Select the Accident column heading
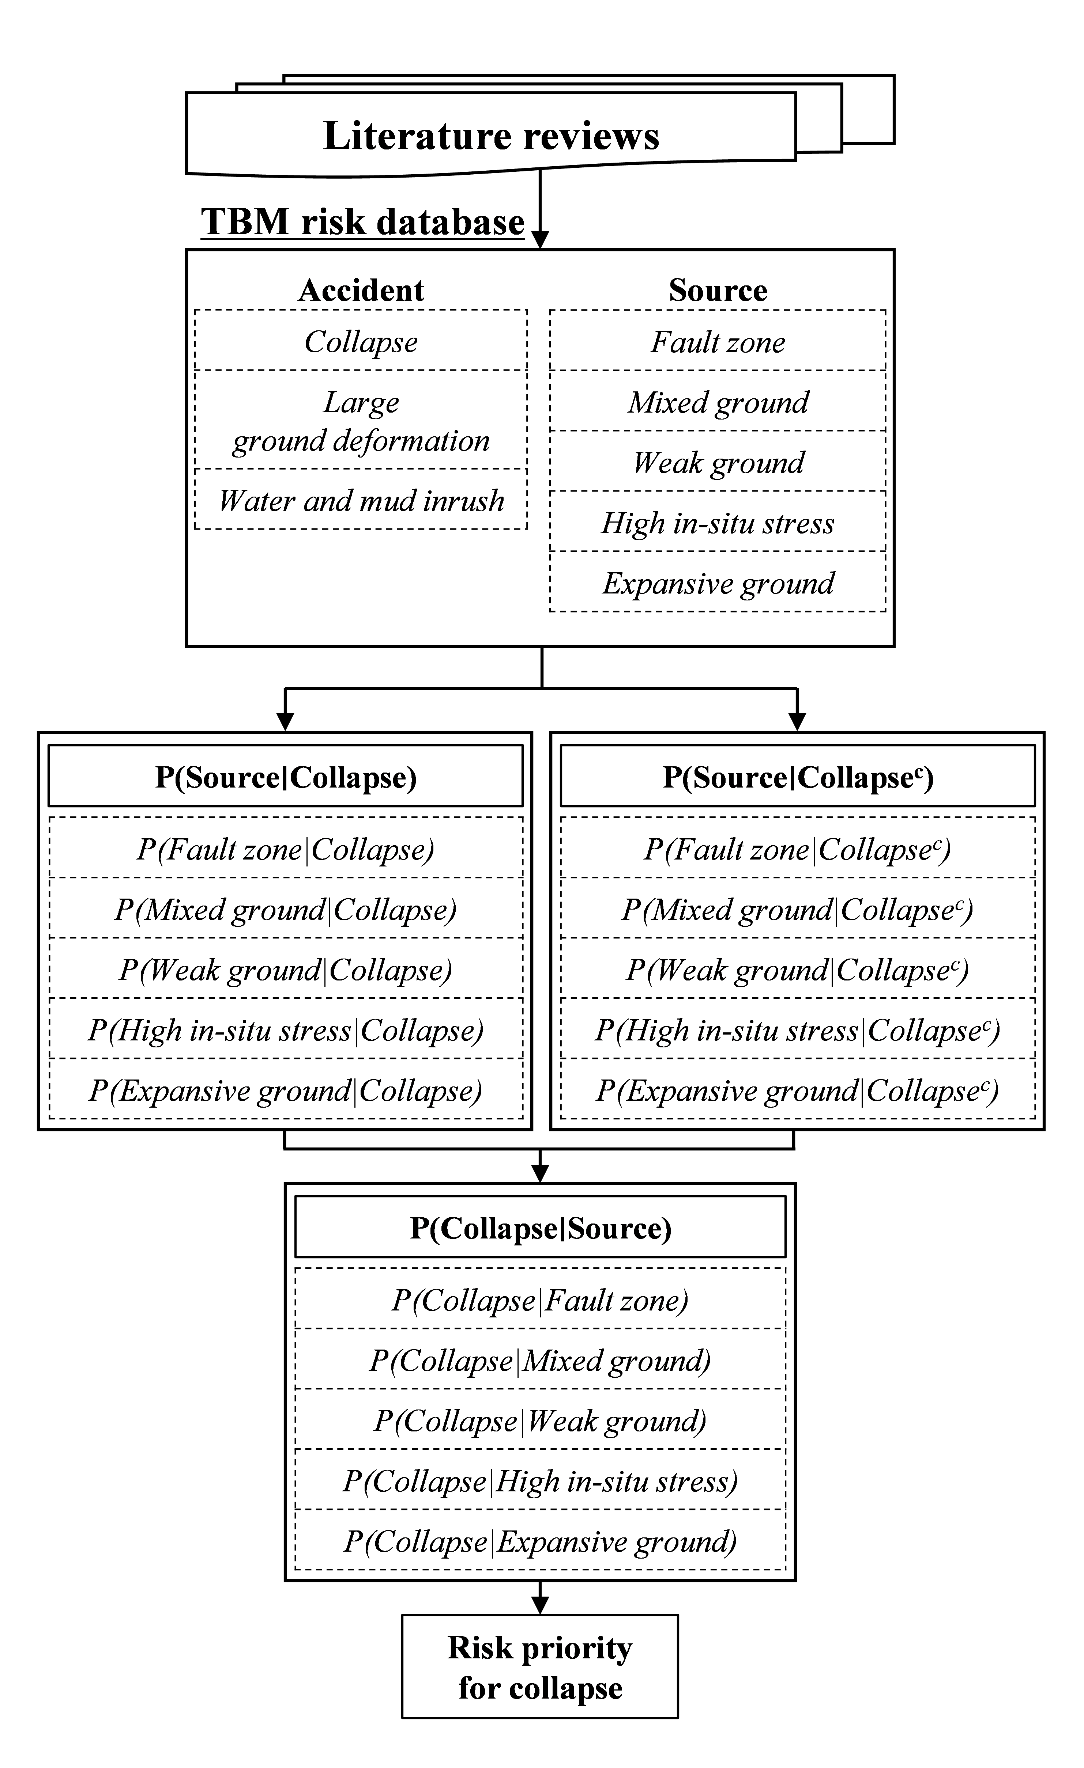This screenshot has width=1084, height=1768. (361, 290)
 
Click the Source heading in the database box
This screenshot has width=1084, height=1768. (718, 290)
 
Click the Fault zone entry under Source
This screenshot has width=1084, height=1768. (718, 341)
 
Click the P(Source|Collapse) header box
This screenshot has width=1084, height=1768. (286, 776)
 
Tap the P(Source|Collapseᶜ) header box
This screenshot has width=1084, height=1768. (798, 776)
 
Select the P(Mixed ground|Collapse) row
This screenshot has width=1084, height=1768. (286, 908)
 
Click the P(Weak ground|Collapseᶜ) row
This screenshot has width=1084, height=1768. (798, 969)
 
